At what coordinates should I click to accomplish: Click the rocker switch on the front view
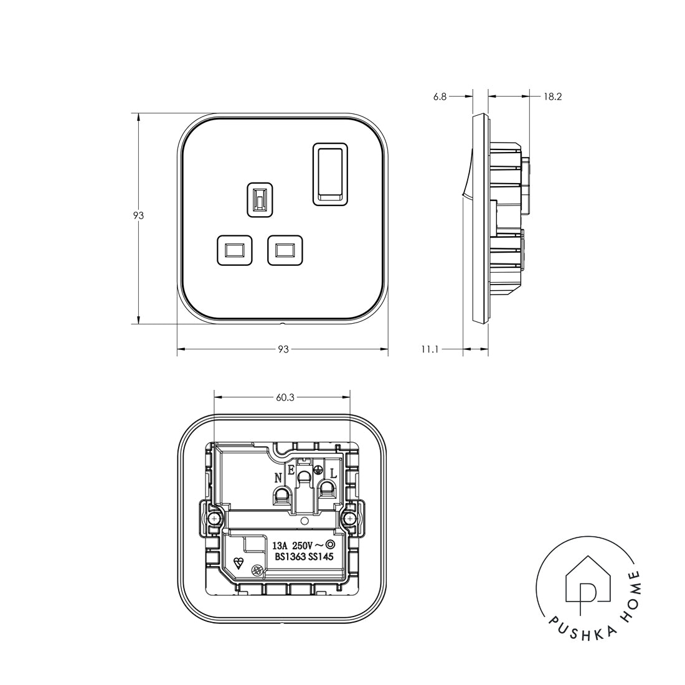330,173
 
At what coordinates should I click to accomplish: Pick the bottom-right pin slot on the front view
285,250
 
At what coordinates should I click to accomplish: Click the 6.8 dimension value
440,97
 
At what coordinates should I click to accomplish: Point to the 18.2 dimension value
552,97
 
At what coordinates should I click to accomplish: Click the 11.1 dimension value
430,350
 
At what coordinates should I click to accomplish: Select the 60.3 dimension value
283,397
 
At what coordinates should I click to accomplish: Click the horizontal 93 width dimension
283,350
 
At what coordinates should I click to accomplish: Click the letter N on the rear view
278,478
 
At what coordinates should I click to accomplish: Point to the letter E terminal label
291,471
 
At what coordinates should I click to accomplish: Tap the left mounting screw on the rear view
214,518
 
